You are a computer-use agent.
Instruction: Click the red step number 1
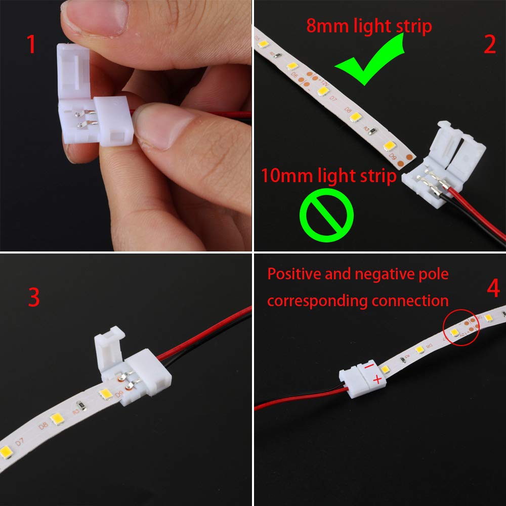coord(31,45)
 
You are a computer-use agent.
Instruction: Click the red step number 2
coord(489,45)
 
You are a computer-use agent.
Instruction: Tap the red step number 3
coord(33,298)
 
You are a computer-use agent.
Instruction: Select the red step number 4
coord(493,289)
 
